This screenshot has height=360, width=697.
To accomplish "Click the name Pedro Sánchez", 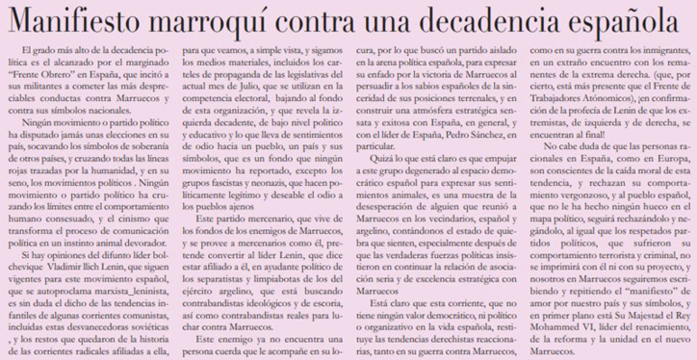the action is pyautogui.click(x=439, y=159).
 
